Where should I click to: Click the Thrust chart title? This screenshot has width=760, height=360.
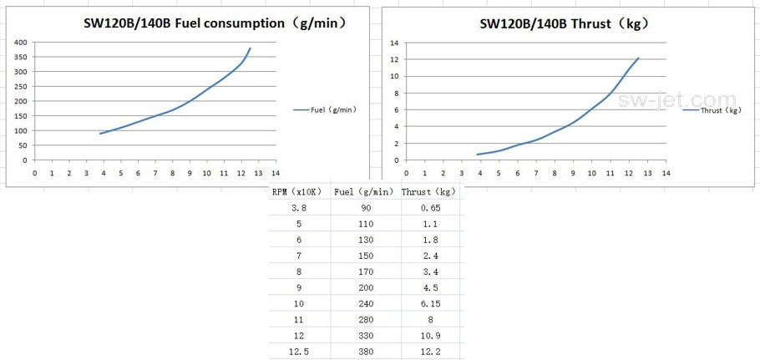coord(565,23)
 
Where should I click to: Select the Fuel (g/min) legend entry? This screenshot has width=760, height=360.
coord(327,109)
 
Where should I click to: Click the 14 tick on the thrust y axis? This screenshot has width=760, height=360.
coord(395,42)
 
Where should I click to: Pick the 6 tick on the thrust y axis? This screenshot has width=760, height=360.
coord(397,109)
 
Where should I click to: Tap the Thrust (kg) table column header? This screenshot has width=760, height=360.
coord(430,191)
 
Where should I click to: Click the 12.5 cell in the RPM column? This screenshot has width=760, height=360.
coord(299,352)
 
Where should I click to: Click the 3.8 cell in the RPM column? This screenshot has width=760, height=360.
coord(299,208)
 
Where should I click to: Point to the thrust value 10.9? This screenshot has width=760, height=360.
coord(430,336)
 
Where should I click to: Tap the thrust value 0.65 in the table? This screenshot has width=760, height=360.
coord(430,208)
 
